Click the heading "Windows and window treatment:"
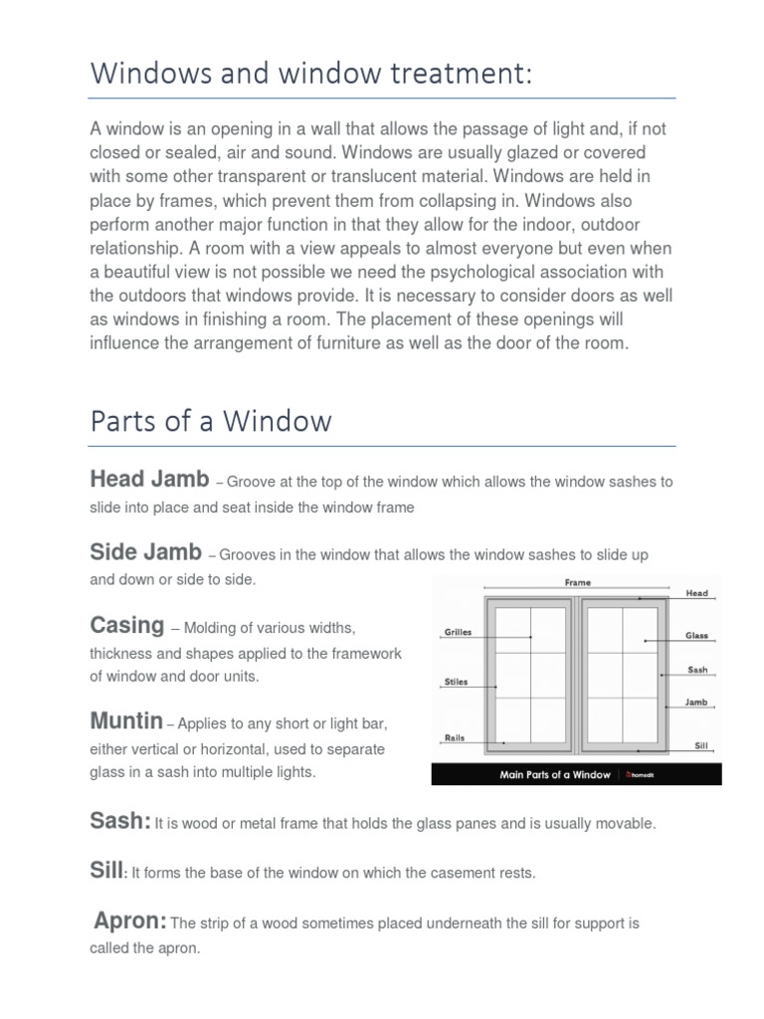point(311,73)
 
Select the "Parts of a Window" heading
point(211,421)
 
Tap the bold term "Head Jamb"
point(149,480)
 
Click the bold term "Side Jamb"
point(145,552)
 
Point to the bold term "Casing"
point(126,626)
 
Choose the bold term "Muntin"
point(126,720)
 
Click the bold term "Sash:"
point(120,821)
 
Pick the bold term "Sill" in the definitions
point(105,871)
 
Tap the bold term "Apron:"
point(130,921)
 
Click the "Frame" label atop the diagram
point(577,583)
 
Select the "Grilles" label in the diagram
point(457,633)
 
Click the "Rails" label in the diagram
point(453,738)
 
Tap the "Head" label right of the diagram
point(696,593)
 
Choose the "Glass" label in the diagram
point(695,635)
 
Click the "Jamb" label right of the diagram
point(695,703)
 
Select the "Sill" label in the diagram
point(700,744)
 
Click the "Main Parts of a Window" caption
point(555,775)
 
